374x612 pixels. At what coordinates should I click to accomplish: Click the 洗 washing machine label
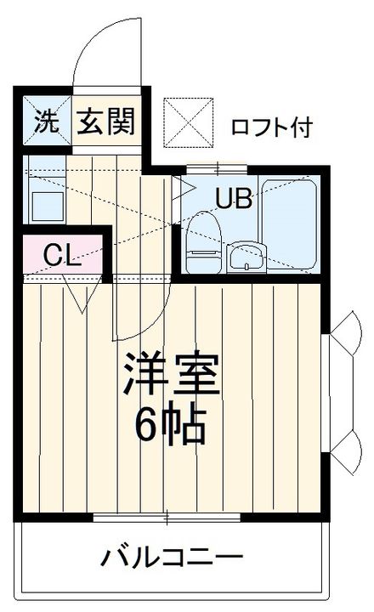(x=46, y=122)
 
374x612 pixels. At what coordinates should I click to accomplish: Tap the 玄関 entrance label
(x=107, y=122)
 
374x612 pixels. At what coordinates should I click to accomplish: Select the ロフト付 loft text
(x=272, y=127)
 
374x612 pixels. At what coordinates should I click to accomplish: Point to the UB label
(x=233, y=200)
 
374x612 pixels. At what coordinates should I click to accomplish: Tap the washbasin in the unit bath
(x=246, y=255)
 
